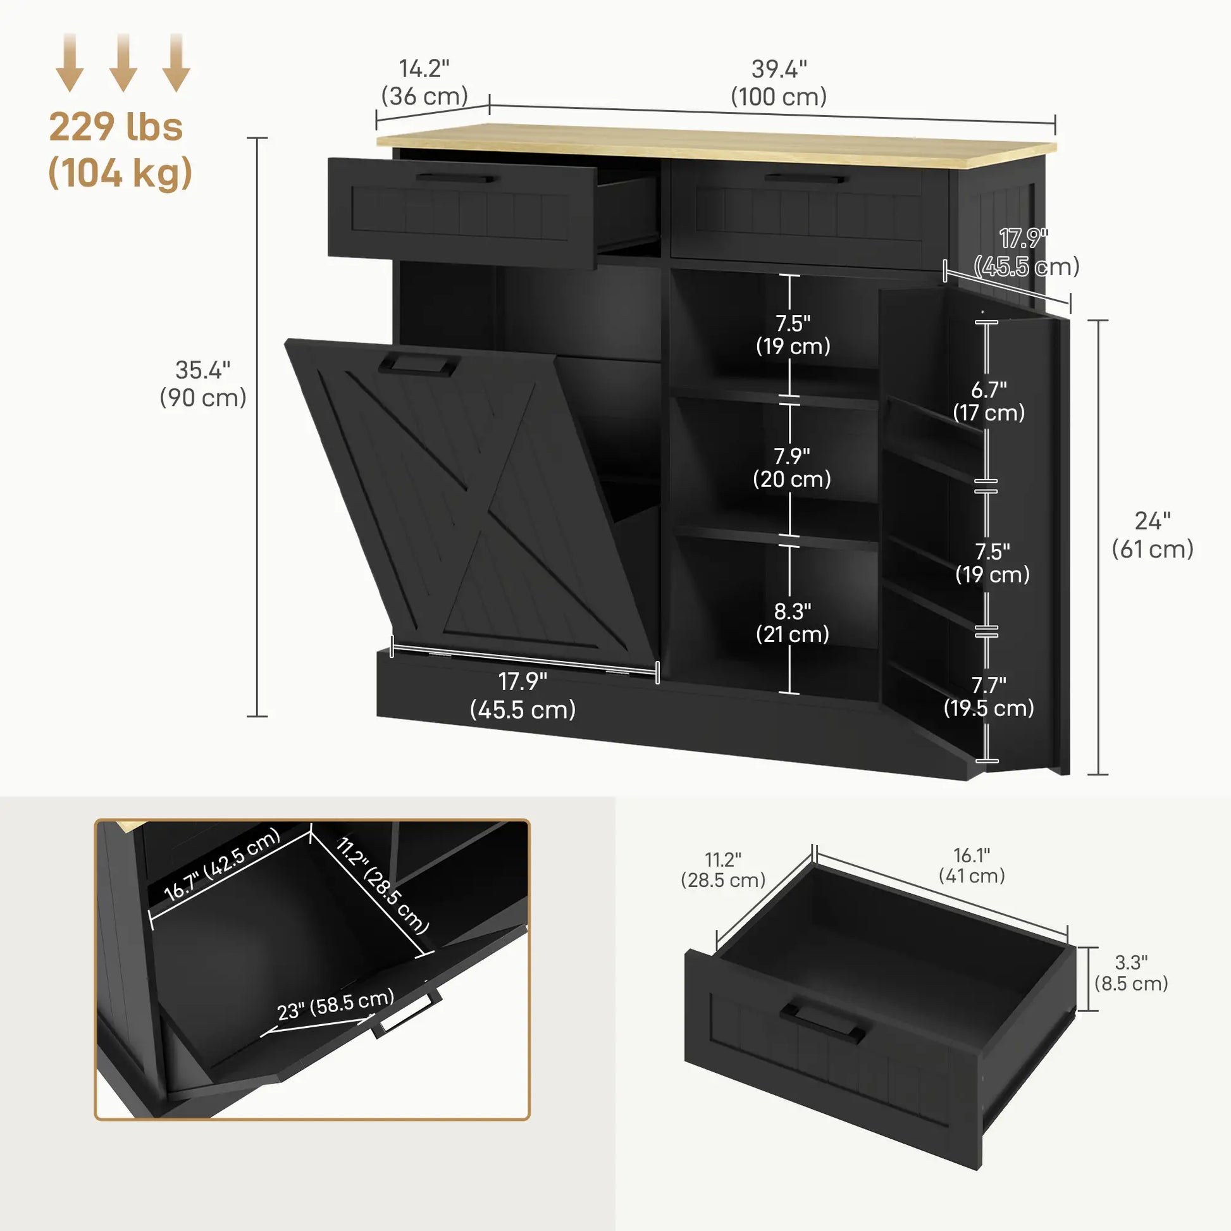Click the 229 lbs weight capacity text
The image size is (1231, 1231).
(x=116, y=127)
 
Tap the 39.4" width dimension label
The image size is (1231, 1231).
(x=779, y=83)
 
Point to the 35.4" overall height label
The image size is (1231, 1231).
(x=202, y=383)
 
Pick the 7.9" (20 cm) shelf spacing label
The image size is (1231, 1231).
(x=792, y=467)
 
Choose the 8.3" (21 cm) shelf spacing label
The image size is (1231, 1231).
(x=792, y=622)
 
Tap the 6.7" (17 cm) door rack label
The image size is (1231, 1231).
(x=989, y=401)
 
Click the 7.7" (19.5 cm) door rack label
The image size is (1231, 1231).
(x=989, y=696)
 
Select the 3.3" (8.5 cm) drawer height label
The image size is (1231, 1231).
(x=1131, y=973)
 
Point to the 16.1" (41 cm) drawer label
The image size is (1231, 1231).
(x=972, y=865)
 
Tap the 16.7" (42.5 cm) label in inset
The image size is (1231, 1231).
(x=222, y=863)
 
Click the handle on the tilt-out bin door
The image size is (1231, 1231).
(x=419, y=364)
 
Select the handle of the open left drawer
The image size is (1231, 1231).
(x=455, y=178)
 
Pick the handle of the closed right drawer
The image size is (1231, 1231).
(x=807, y=178)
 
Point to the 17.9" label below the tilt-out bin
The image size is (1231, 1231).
(x=523, y=695)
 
